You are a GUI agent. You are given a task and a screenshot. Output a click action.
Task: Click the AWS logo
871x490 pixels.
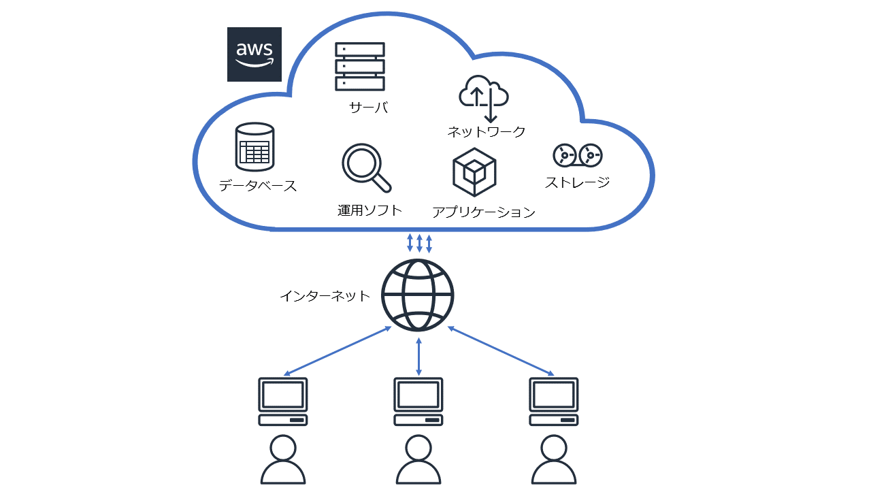point(254,54)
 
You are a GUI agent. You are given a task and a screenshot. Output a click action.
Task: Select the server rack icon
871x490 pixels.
point(360,67)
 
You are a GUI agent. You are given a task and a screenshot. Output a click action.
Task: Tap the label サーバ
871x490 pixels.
point(368,107)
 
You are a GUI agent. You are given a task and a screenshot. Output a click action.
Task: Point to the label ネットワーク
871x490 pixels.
point(486,132)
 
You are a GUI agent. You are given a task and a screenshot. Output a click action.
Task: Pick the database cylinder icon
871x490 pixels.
point(254,146)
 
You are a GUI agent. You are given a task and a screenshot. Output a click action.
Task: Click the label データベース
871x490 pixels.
point(258,186)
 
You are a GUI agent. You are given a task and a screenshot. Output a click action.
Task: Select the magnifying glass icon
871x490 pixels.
point(365,167)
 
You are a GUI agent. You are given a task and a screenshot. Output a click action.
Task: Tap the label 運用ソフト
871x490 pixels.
point(369,210)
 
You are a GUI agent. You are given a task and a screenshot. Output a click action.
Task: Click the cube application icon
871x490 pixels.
point(474,172)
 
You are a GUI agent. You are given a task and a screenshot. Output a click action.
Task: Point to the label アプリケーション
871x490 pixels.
point(483,212)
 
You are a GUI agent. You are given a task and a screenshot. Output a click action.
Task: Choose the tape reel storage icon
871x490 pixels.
point(577,156)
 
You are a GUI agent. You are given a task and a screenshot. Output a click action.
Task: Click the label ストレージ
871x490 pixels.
point(577,182)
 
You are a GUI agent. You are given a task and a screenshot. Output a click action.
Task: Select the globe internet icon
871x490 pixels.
point(418,295)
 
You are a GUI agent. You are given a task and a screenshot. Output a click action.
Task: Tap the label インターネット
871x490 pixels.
point(325,296)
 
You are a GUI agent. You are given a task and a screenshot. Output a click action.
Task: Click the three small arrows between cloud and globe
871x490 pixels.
point(419,243)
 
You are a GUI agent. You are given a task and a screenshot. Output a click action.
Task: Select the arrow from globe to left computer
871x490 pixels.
point(338,351)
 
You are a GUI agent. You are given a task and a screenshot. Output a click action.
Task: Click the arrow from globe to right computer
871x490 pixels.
point(501,351)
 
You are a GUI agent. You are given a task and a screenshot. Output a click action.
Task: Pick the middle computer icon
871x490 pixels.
point(418,402)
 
